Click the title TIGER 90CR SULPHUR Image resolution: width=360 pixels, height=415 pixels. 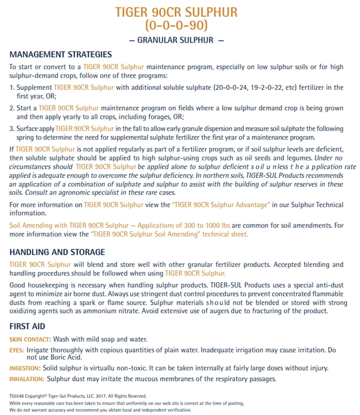tap(176, 12)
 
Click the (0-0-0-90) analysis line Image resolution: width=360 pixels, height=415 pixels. tap(176, 25)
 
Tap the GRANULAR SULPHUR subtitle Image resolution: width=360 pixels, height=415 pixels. tap(175, 40)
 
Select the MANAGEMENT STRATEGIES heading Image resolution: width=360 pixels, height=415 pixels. tap(61, 54)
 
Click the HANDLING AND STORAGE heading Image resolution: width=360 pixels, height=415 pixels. tap(57, 252)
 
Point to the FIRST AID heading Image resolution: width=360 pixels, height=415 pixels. tap(27, 326)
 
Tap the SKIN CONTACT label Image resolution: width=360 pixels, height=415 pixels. tap(30, 340)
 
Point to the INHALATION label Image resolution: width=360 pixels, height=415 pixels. tap(27, 379)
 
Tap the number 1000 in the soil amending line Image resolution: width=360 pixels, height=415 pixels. tap(213, 225)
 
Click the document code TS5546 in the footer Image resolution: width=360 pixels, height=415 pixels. tap(16, 396)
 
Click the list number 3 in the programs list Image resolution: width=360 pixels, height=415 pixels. tap(12, 129)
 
